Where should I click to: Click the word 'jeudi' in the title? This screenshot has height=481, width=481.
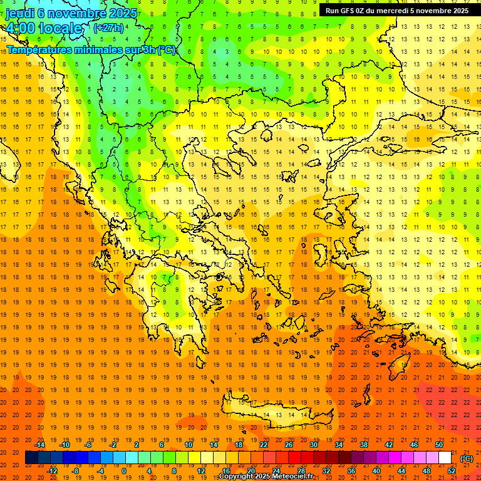(20, 13)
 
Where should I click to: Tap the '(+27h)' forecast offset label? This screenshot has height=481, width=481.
(108, 28)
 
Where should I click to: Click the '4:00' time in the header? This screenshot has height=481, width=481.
(20, 28)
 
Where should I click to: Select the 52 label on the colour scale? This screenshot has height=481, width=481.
(452, 471)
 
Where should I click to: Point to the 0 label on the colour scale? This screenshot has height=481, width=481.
(123, 471)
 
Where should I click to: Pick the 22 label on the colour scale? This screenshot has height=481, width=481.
(264, 445)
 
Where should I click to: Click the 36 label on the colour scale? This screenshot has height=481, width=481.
(351, 471)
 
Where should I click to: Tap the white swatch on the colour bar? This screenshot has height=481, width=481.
(445, 458)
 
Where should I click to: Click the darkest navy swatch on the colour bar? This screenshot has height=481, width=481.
(31, 458)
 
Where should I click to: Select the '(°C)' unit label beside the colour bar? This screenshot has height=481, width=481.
(467, 458)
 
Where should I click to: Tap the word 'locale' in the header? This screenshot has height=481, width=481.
(60, 28)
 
